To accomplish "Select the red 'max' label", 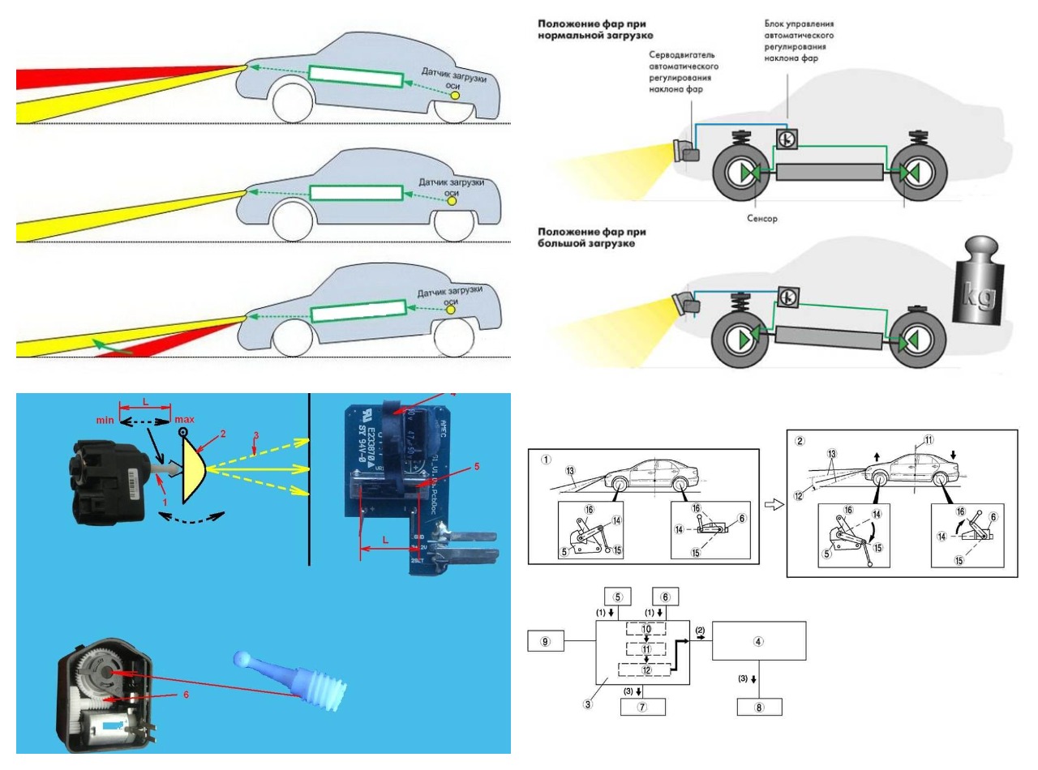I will coord(184,421).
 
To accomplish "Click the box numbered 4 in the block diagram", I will coord(759,641).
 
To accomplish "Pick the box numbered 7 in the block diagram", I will coord(642,707).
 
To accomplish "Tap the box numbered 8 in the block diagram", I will coord(759,707).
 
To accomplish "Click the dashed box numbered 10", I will coord(646,628).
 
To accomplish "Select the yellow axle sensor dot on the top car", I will coord(455,95).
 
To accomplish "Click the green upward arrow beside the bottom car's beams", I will coord(101,347).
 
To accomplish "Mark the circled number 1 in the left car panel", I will coord(546,459).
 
